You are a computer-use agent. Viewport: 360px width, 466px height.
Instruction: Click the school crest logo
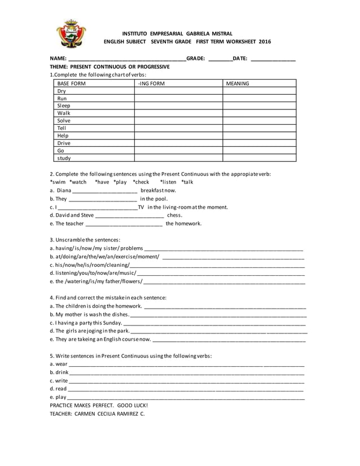72,33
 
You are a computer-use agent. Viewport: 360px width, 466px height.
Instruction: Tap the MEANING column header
238,83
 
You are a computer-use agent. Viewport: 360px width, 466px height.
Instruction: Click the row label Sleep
64,105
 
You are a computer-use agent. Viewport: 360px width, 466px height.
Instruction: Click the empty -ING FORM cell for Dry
178,91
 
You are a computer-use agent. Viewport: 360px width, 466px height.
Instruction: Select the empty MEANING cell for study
258,159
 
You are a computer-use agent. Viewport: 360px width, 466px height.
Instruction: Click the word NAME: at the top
58,59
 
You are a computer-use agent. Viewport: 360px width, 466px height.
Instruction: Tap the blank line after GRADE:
219,59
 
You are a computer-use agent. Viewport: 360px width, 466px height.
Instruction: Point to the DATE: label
240,59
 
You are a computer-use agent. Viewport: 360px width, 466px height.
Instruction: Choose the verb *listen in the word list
168,182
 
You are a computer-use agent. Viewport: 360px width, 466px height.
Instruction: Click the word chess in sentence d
175,215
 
